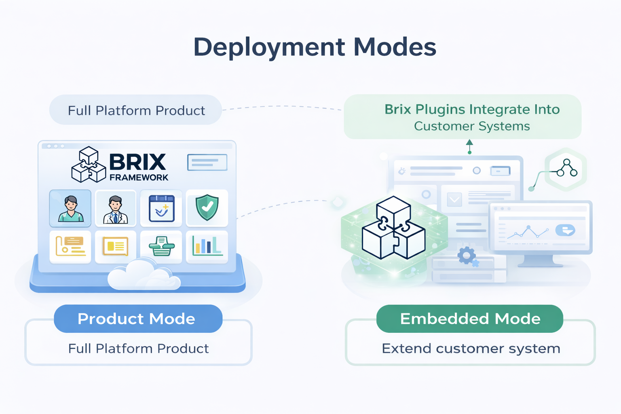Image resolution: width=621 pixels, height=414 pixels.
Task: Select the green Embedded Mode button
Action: (469, 319)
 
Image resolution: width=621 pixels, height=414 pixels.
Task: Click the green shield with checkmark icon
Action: (207, 208)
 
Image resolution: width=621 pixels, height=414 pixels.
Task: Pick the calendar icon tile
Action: (161, 208)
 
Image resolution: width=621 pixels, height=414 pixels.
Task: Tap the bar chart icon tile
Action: (207, 246)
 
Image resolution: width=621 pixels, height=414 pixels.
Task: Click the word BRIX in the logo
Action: (137, 162)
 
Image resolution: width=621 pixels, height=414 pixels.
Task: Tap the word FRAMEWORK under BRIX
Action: (139, 177)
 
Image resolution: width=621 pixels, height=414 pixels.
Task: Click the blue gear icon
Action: (467, 256)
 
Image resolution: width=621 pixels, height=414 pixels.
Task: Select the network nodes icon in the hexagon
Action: (566, 169)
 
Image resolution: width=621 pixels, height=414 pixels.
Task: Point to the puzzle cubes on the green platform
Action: (393, 228)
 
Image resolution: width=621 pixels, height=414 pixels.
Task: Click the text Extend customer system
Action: (471, 349)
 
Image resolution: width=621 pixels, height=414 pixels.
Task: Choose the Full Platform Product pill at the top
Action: (136, 110)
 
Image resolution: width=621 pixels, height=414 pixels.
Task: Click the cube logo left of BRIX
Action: (88, 165)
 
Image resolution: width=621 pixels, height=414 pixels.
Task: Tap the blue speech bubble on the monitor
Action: (565, 230)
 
